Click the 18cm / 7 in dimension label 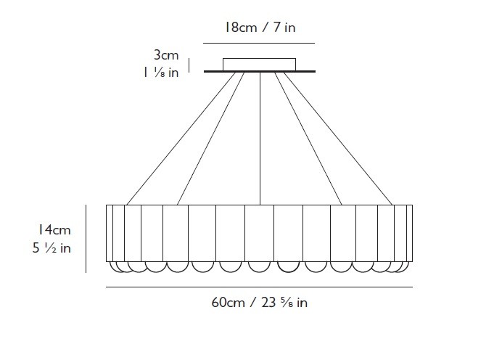[260, 28]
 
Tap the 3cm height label [166, 55]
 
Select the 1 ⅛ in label [161, 73]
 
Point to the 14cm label [54, 229]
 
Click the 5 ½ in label [52, 248]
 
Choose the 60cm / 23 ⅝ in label [259, 303]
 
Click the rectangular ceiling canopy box [259, 65]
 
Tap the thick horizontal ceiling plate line [260, 71]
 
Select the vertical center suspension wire [260, 139]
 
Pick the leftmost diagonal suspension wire [181, 139]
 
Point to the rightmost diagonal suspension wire [338, 139]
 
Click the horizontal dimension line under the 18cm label [259, 43]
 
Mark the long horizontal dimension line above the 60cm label [259, 287]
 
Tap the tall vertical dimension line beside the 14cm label [86, 239]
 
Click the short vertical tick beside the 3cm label [189, 65]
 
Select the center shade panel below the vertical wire [259, 233]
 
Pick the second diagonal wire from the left [211, 139]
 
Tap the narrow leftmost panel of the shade [110, 233]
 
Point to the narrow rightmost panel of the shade [409, 233]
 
